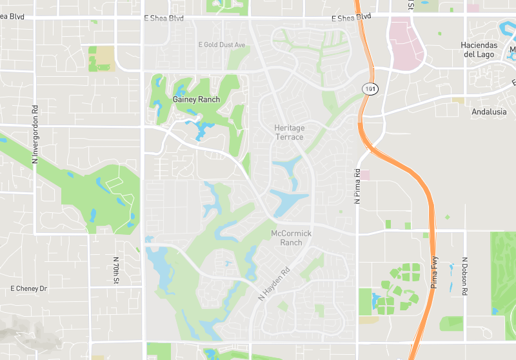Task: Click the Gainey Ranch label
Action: click(x=196, y=99)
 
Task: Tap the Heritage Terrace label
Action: click(x=289, y=132)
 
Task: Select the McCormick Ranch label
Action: click(x=291, y=237)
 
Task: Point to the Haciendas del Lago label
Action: click(x=478, y=50)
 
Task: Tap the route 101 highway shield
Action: click(x=369, y=88)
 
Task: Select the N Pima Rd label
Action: click(x=357, y=186)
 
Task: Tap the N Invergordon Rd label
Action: click(x=35, y=134)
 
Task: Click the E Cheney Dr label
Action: click(x=30, y=288)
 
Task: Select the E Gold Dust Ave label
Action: click(x=222, y=45)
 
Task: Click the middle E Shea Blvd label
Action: click(x=163, y=19)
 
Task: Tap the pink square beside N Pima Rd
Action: click(x=365, y=175)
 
